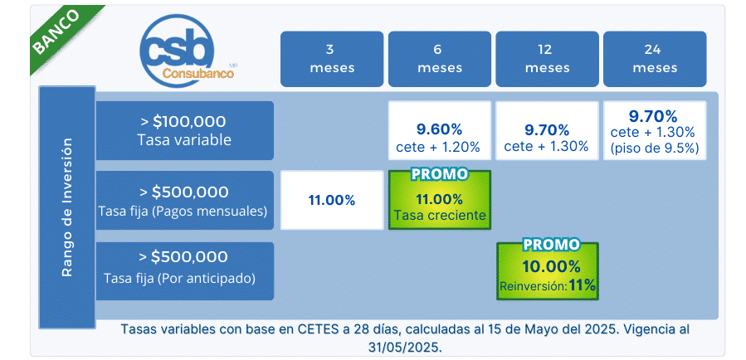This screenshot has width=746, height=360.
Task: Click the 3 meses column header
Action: pos(332,59)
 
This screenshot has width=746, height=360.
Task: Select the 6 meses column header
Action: pos(440,59)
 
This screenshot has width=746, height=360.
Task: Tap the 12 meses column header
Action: pos(547,59)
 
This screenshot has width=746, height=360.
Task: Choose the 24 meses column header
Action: pos(655,59)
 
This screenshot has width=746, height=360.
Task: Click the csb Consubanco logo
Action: pos(187,50)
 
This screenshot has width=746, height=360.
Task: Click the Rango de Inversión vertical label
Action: pos(67,207)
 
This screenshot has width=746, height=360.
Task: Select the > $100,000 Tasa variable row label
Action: pos(184,130)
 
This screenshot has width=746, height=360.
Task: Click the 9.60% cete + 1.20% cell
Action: pos(440,130)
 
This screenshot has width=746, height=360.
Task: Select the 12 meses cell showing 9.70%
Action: pos(547,130)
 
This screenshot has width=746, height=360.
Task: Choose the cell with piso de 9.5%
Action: pos(655,130)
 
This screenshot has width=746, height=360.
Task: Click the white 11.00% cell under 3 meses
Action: pos(332,200)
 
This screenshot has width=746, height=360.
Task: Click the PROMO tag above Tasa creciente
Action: pos(440,174)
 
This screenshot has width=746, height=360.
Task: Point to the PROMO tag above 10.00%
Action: pos(552,245)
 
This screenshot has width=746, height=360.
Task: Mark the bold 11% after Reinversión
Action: pos(582,285)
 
